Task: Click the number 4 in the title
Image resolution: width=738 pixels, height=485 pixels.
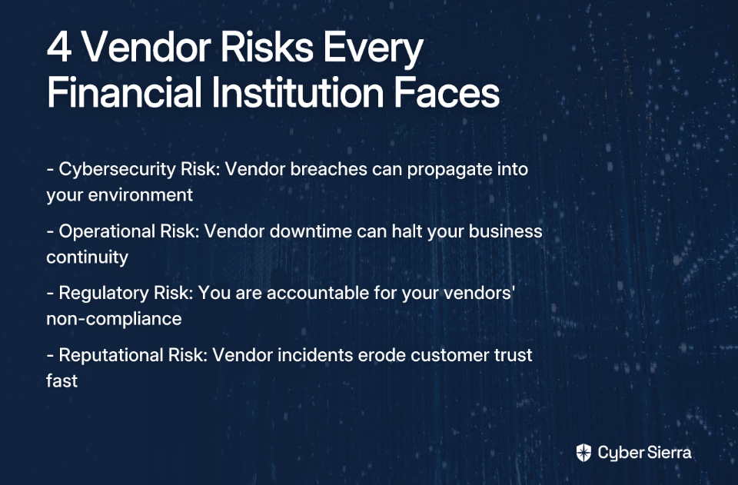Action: point(59,47)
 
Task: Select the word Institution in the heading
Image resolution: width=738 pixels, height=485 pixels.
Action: point(298,91)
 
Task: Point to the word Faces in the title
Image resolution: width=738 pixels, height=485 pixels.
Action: point(446,91)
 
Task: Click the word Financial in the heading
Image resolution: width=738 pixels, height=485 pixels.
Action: point(125,91)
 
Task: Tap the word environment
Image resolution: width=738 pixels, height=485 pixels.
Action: point(140,194)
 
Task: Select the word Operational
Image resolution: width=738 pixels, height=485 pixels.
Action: point(107,232)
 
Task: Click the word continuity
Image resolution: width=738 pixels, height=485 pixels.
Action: point(87,257)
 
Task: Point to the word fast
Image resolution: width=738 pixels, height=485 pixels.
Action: point(61,380)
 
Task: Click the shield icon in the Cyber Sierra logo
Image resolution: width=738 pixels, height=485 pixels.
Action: point(583,453)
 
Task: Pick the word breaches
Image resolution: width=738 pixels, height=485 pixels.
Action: point(328,169)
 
